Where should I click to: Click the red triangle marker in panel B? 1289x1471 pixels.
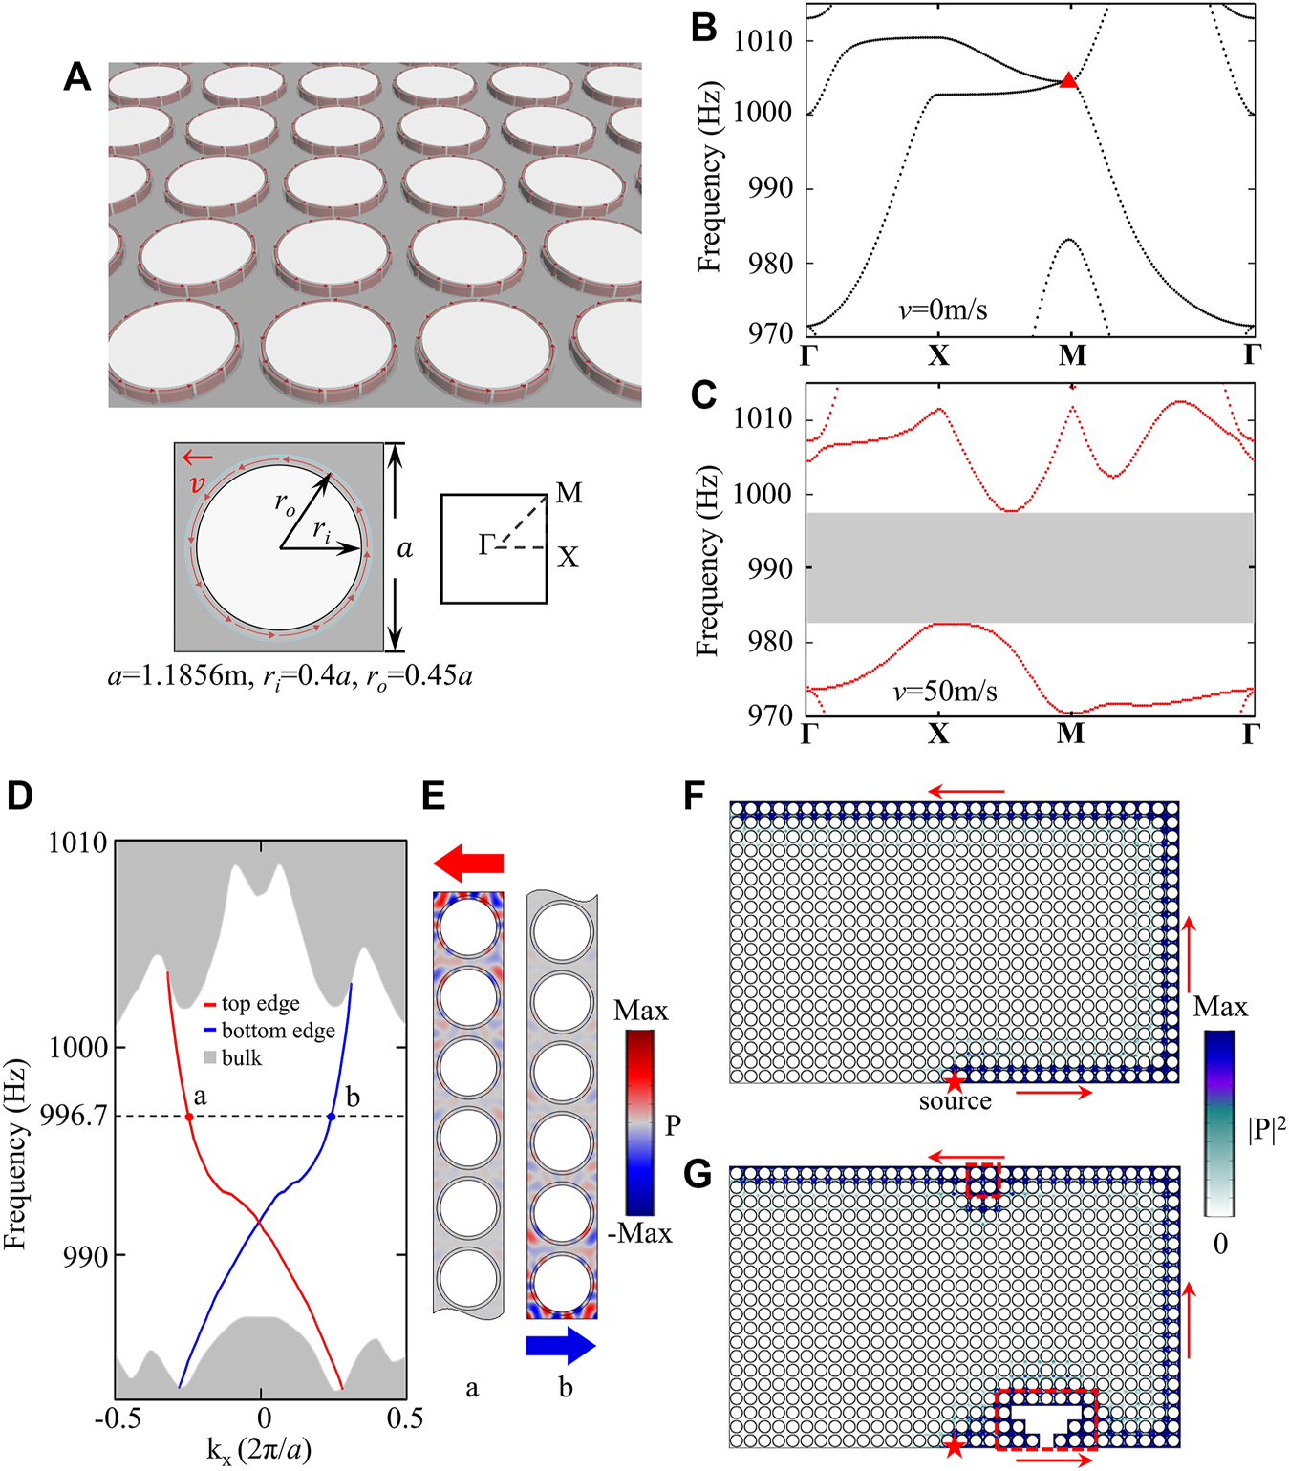[1068, 81]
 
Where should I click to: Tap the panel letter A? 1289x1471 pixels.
[77, 76]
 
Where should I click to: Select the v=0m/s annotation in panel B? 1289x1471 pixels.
[942, 309]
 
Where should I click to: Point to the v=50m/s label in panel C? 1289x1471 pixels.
[945, 691]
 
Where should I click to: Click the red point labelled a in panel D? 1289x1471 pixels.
[189, 1117]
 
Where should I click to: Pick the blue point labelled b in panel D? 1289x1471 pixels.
[332, 1117]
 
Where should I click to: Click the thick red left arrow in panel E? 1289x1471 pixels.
[468, 863]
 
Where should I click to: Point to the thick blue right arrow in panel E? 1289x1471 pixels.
[561, 1346]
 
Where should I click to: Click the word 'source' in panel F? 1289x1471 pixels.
[955, 1101]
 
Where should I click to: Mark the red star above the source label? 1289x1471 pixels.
[954, 1081]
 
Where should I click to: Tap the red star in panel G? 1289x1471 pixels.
[955, 1446]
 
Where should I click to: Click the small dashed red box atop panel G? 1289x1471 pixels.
[983, 1180]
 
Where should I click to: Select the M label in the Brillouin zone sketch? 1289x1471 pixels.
[569, 493]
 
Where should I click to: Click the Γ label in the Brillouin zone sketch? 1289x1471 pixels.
[486, 545]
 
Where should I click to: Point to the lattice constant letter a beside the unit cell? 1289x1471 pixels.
[405, 548]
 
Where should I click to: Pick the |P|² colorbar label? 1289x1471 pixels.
[1266, 1128]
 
